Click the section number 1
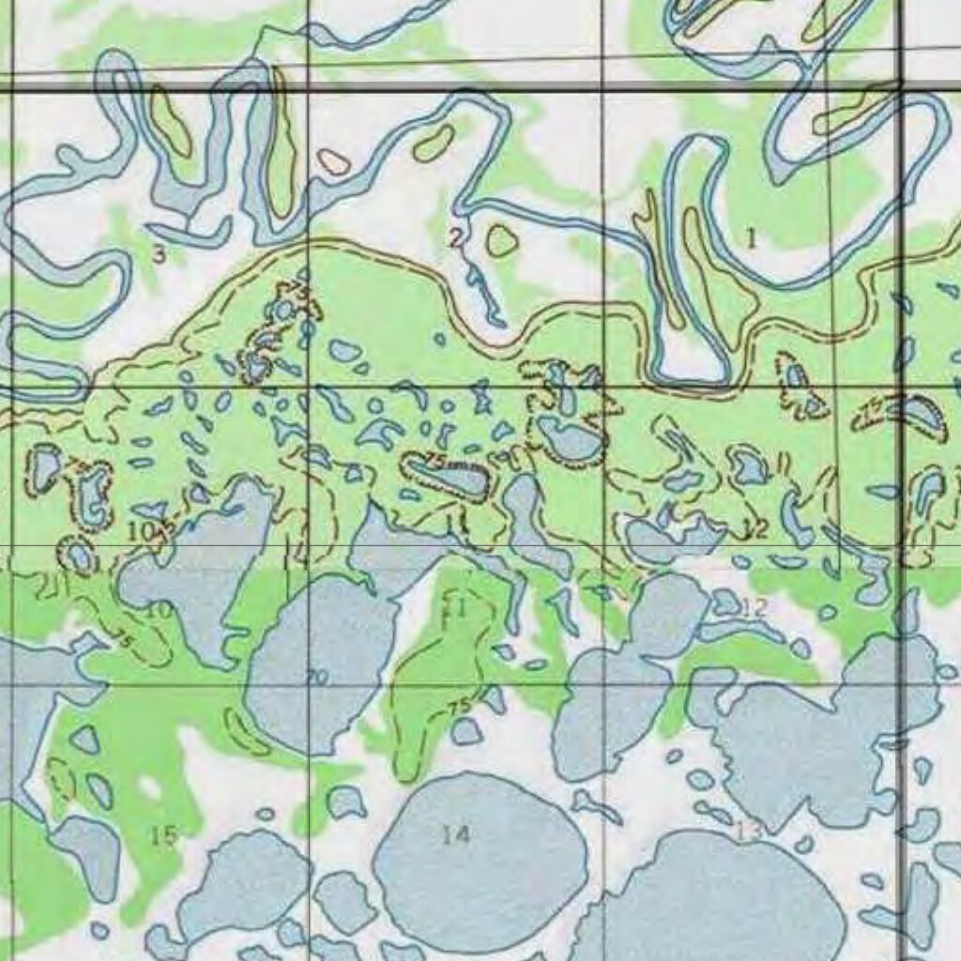pos(751,238)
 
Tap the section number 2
pos(455,237)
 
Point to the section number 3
pos(160,253)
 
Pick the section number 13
pos(748,831)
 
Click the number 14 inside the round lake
pos(456,834)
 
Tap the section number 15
pos(164,834)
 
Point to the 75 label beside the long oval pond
pos(434,459)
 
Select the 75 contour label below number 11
pos(459,707)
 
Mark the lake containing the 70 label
pos(319,657)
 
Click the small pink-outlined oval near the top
pos(333,161)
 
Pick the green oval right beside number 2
pos(502,241)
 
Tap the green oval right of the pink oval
pos(433,144)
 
